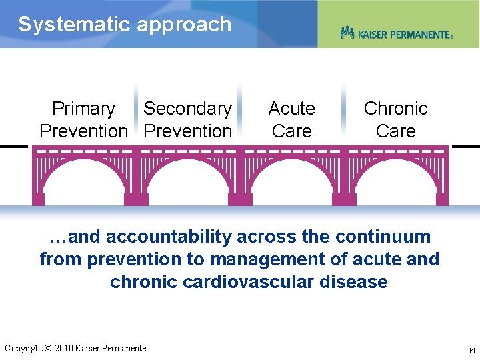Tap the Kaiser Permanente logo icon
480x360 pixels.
tap(347, 33)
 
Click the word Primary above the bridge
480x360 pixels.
tap(83, 109)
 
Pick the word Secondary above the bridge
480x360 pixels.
tap(187, 109)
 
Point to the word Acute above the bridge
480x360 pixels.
tap(291, 109)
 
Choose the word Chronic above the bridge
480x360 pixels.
tap(395, 109)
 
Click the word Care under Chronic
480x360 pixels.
tap(395, 131)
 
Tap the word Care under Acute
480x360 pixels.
tap(291, 131)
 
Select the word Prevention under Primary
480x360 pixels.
tap(83, 131)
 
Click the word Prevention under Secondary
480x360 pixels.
tap(187, 131)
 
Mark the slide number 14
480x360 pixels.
tap(471, 350)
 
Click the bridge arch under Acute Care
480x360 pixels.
tap(291, 180)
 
